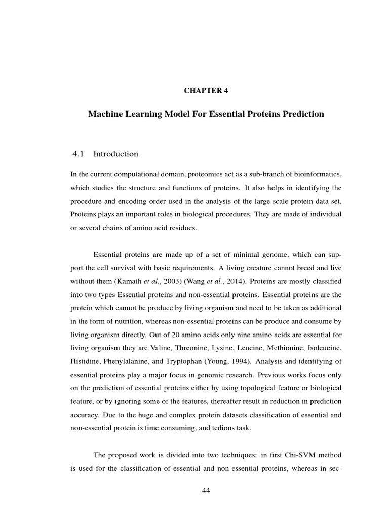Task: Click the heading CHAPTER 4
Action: click(x=206, y=91)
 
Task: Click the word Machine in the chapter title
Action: click(x=104, y=114)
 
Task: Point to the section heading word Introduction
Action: click(x=116, y=154)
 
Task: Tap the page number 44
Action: click(x=206, y=490)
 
